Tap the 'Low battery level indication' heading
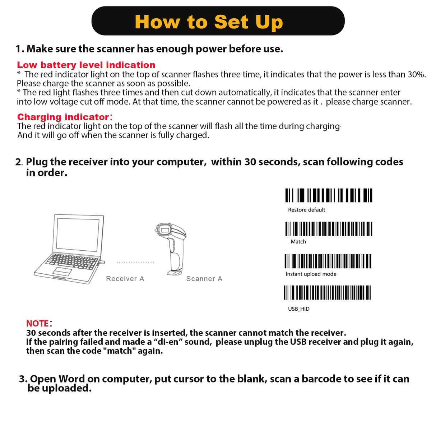(x=86, y=65)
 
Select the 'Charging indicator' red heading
(x=63, y=117)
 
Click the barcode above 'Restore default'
(x=329, y=195)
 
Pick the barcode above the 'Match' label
(x=329, y=229)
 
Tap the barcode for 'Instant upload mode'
(x=328, y=261)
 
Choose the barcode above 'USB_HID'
(x=327, y=293)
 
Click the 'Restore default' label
(x=306, y=210)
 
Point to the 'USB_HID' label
(x=298, y=309)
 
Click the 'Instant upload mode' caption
(x=311, y=274)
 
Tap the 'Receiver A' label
(x=125, y=279)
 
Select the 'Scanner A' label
(x=204, y=279)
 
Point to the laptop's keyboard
(x=73, y=261)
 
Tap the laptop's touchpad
(x=62, y=271)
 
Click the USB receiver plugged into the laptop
(x=102, y=263)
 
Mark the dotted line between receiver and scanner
(x=135, y=262)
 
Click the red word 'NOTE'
(x=37, y=324)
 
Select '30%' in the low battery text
(x=416, y=74)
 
